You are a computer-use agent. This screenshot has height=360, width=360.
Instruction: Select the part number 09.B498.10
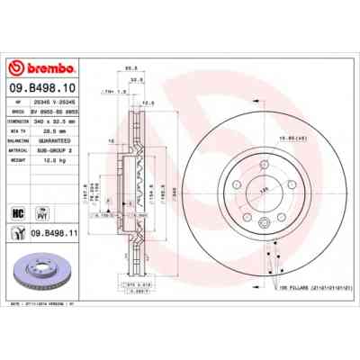coord(42,89)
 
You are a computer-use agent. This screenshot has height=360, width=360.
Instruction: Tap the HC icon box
coord(18,211)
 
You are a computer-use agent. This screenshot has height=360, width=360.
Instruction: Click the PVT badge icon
coord(40,211)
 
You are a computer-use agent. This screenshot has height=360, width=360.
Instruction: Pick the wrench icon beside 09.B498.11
coord(18,233)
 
